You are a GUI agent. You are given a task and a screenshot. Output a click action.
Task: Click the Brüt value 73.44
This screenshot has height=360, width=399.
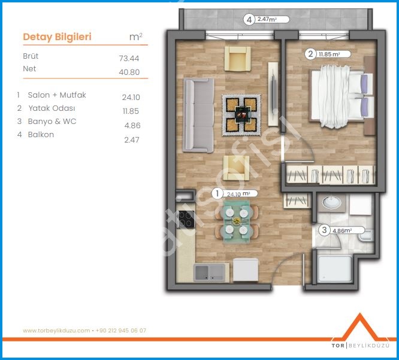pyautogui.click(x=129, y=58)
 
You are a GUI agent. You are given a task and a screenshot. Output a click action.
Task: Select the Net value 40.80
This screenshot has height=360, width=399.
pyautogui.click(x=129, y=72)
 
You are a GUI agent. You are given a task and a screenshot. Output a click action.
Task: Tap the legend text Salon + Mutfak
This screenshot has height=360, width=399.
pyautogui.click(x=57, y=95)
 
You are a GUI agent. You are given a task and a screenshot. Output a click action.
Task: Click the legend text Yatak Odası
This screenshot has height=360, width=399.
pyautogui.click(x=52, y=108)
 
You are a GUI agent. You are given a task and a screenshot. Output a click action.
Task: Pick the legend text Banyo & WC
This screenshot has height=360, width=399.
pyautogui.click(x=52, y=122)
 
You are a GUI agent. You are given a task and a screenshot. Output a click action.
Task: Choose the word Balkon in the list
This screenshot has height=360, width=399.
pyautogui.click(x=41, y=134)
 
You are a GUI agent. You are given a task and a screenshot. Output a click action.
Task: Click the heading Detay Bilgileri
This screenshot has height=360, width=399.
pyautogui.click(x=58, y=37)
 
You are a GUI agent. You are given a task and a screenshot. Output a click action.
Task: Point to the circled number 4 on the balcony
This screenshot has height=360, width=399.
pyautogui.click(x=249, y=20)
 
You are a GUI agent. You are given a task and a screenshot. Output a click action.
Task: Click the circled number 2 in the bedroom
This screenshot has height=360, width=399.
pyautogui.click(x=310, y=54)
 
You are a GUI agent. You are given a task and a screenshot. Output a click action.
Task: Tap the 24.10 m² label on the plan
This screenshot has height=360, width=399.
pyautogui.click(x=238, y=194)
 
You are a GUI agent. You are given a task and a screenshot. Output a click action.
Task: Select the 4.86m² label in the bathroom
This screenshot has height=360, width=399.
pyautogui.click(x=342, y=231)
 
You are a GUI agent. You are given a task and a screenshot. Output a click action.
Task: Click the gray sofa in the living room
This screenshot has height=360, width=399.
pyautogui.click(x=199, y=115)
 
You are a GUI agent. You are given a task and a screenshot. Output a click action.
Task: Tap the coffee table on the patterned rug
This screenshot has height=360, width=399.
pyautogui.click(x=243, y=114)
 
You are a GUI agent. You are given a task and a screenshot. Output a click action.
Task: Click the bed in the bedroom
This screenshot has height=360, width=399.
pyautogui.click(x=341, y=96)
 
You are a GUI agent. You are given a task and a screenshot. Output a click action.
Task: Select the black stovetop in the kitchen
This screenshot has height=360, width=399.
pyautogui.click(x=186, y=219)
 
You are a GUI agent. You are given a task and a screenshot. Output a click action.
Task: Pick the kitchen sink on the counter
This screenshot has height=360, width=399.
pyautogui.click(x=209, y=273)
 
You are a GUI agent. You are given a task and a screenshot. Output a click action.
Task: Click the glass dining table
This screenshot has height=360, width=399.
pyautogui.click(x=237, y=222)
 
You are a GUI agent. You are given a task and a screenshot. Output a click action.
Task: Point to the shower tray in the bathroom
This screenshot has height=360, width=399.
pyautogui.click(x=335, y=269)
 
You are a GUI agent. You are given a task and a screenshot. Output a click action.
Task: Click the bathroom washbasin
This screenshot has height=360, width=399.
pyautogui.click(x=331, y=202)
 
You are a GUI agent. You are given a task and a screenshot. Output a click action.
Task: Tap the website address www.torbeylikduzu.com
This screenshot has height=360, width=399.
pyautogui.click(x=56, y=331)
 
